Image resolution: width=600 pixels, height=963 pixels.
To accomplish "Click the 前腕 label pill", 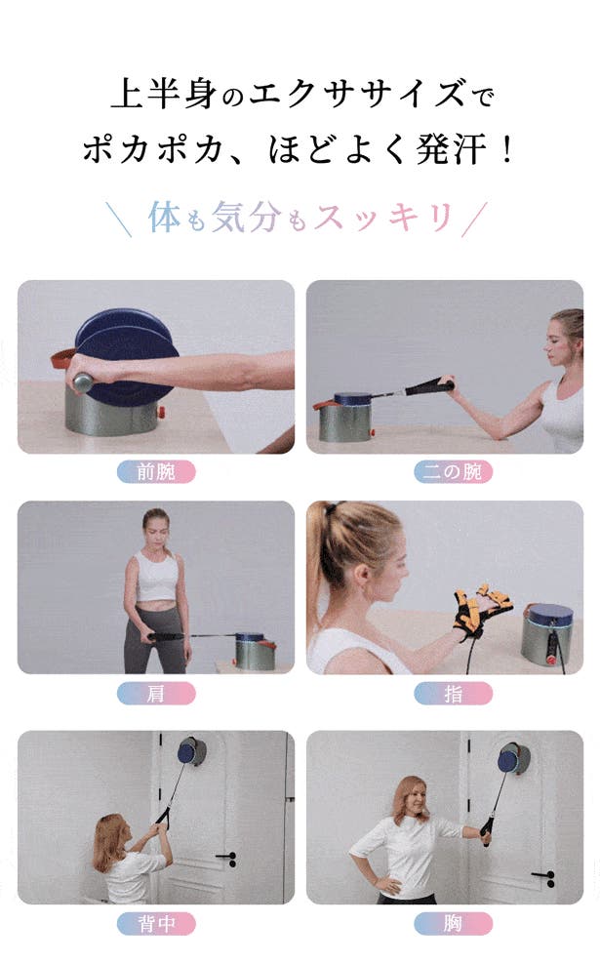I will tap(156, 472).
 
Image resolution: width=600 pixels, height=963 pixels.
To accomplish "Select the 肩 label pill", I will tap(156, 693).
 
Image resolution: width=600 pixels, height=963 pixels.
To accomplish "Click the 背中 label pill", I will tap(156, 923).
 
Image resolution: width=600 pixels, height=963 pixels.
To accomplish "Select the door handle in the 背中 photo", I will tap(226, 857).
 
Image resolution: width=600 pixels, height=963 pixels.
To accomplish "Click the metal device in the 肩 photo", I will tap(254, 651).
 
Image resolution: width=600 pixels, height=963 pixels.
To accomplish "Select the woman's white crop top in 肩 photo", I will tap(156, 578).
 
